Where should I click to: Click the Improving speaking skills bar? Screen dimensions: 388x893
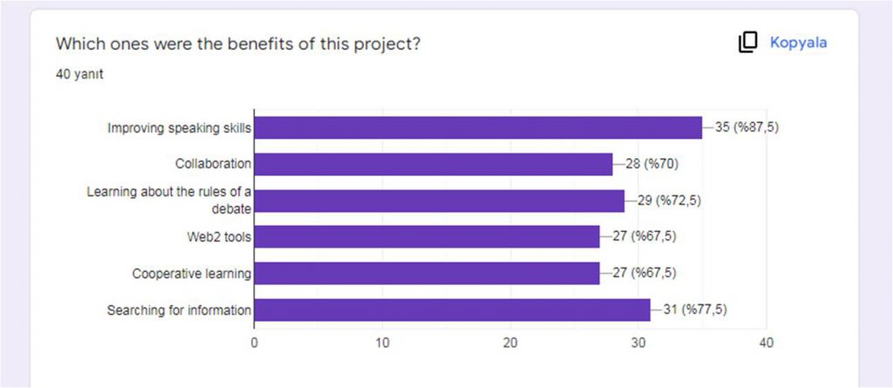pyautogui.click(x=478, y=128)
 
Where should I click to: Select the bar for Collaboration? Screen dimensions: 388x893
pyautogui.click(x=433, y=164)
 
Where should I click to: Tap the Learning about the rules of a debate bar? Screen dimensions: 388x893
pyautogui.click(x=440, y=201)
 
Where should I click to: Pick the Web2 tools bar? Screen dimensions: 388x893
pyautogui.click(x=426, y=237)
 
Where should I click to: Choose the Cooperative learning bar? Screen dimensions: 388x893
pyautogui.click(x=426, y=274)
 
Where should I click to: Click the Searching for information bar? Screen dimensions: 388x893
pyautogui.click(x=452, y=310)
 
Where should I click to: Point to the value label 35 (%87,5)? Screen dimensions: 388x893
pyautogui.click(x=746, y=127)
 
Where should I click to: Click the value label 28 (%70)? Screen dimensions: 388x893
pyautogui.click(x=647, y=164)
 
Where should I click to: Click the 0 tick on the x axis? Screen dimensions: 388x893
pyautogui.click(x=254, y=343)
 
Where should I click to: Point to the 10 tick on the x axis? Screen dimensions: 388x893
pyautogui.click(x=382, y=343)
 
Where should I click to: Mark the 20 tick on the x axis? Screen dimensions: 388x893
pyautogui.click(x=510, y=343)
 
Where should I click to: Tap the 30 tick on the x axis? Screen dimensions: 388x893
pyautogui.click(x=638, y=343)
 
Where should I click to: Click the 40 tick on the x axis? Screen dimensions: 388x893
pyautogui.click(x=767, y=343)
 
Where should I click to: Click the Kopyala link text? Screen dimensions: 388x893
pyautogui.click(x=798, y=42)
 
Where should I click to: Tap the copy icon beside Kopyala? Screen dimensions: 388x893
pyautogui.click(x=747, y=42)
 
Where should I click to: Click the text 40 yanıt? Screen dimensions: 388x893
pyautogui.click(x=79, y=74)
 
